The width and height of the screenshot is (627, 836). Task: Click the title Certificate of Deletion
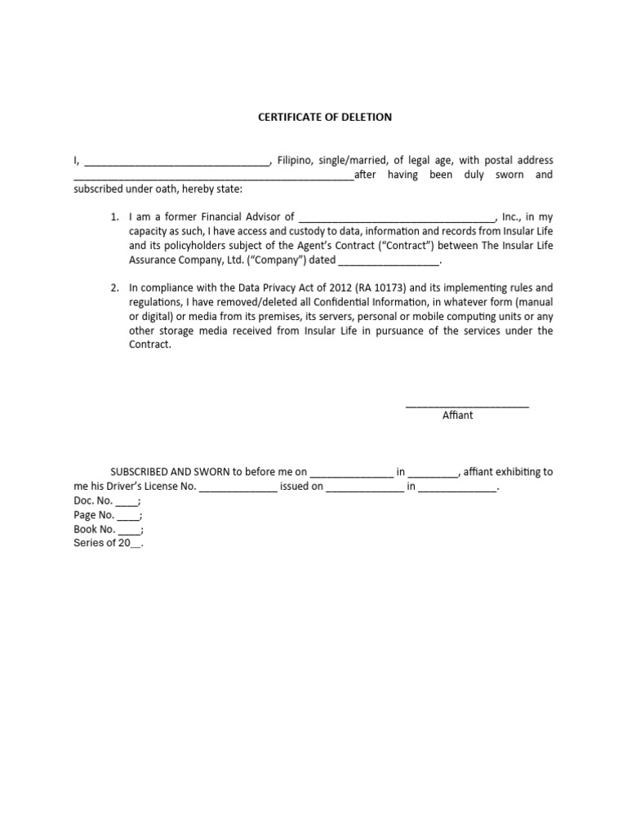tap(325, 117)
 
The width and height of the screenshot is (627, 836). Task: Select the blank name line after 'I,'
tap(177, 162)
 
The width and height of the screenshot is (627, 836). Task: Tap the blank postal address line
tap(214, 177)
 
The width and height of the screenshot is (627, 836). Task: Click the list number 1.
tap(115, 217)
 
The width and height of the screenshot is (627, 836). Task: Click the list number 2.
tap(115, 287)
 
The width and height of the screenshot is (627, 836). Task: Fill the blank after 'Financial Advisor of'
tap(398, 220)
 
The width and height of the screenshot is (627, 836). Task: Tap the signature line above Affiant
tap(467, 404)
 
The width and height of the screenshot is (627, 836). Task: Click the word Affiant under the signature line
tap(457, 415)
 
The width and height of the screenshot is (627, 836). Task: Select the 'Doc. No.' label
tap(93, 500)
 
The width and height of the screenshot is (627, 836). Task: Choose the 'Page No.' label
tap(94, 515)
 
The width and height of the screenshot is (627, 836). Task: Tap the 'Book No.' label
tap(94, 529)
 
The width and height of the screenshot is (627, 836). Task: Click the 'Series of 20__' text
tap(109, 544)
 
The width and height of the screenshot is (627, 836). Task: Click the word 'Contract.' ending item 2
tap(150, 345)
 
